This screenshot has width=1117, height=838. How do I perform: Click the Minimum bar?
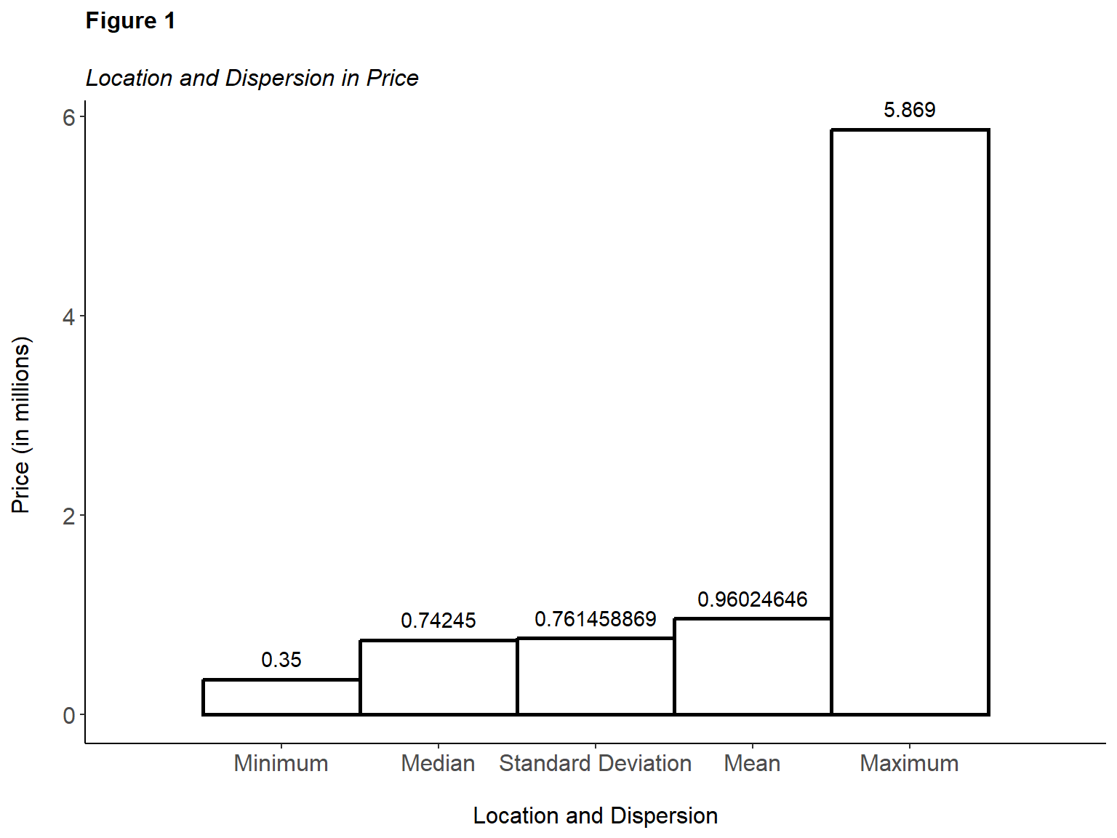pos(281,697)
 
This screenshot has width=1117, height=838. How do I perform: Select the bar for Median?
pos(439,677)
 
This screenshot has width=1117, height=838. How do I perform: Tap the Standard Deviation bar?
pos(596,677)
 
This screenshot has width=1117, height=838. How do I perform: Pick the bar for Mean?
pos(753,666)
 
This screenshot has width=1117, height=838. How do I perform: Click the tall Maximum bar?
pos(910,422)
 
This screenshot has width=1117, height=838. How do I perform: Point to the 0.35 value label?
pos(281,660)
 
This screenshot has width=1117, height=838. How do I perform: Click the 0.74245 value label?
pos(439,620)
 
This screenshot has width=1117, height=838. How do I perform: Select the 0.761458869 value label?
pos(596,619)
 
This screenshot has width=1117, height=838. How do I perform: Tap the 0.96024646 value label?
pos(753,599)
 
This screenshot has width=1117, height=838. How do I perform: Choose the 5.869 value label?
pos(910,110)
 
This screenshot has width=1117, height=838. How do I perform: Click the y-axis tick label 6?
pos(69,117)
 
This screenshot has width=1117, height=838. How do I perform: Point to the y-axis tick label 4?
pos(69,316)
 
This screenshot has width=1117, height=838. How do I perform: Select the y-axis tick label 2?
pos(69,516)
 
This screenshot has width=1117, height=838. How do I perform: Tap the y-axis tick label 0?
pos(69,715)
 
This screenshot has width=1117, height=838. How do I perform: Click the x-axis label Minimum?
pos(281,763)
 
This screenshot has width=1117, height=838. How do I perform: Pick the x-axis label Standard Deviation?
pos(596,763)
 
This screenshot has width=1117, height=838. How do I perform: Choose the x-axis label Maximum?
pos(910,763)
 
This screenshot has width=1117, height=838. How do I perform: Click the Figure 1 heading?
pos(131,21)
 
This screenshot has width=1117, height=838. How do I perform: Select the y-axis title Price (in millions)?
pos(21,425)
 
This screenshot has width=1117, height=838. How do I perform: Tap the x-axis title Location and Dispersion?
pos(596,815)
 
